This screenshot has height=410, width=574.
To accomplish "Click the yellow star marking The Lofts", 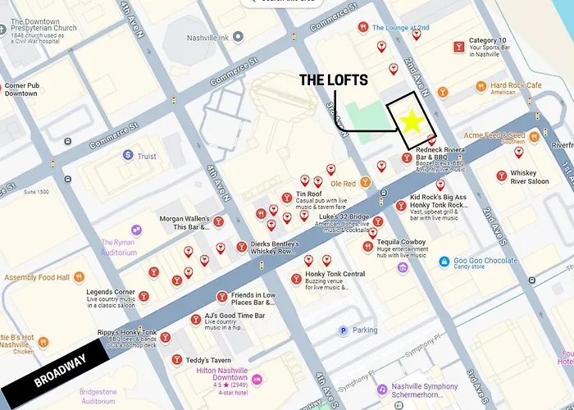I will pos(412,122).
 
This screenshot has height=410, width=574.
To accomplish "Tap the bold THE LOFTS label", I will pos(333,80).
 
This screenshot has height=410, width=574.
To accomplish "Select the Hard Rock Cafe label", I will pos(516,85).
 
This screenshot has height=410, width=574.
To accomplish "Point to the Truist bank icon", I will pos(127,155).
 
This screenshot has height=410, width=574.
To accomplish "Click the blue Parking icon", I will pos(344,330).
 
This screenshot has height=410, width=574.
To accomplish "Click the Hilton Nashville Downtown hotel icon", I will pos(257,379).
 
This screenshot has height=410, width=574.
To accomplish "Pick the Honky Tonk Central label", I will pos(335,274).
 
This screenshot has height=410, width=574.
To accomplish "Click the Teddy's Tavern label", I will pos(208,360).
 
